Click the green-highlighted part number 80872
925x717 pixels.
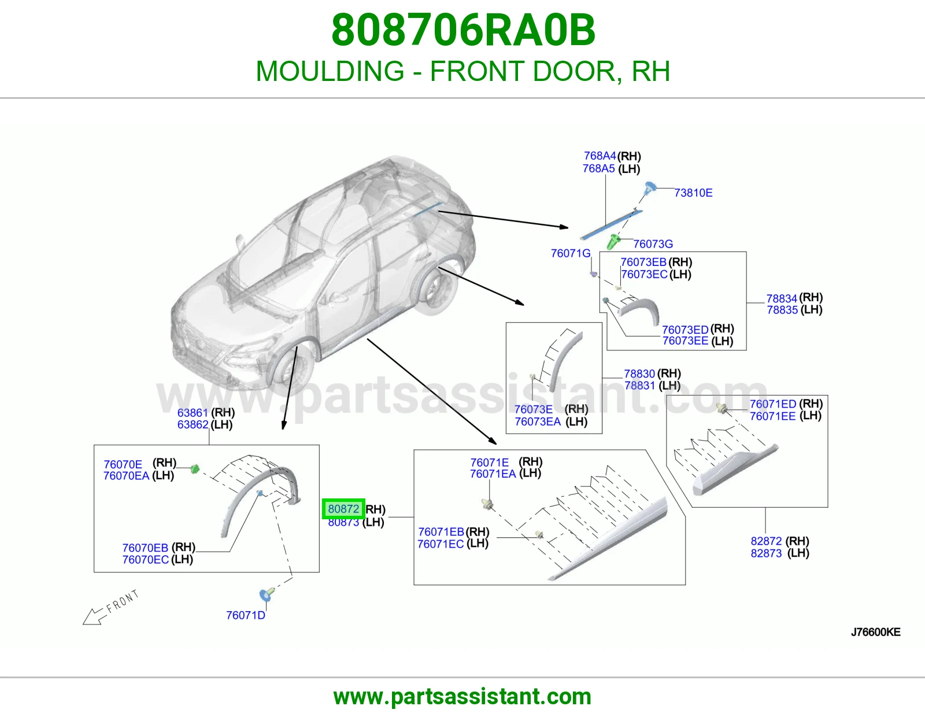point(343,509)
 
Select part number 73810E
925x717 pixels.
point(693,193)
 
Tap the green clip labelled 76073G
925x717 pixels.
point(613,242)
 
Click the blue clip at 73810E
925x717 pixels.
point(650,187)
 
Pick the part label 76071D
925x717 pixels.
point(246,615)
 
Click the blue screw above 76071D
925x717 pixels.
point(267,594)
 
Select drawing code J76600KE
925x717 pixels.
point(876,632)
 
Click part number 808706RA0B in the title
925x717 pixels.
point(463,30)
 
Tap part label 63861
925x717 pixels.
point(193,413)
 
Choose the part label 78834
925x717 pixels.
point(782,298)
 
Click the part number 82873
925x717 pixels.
point(766,553)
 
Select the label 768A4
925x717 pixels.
point(600,156)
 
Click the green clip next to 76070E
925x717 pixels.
point(194,469)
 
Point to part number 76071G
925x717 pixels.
point(571,253)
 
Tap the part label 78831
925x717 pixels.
point(639,385)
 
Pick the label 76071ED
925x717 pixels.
point(772,404)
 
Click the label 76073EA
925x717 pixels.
point(538,422)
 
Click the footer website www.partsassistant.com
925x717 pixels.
point(462,697)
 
